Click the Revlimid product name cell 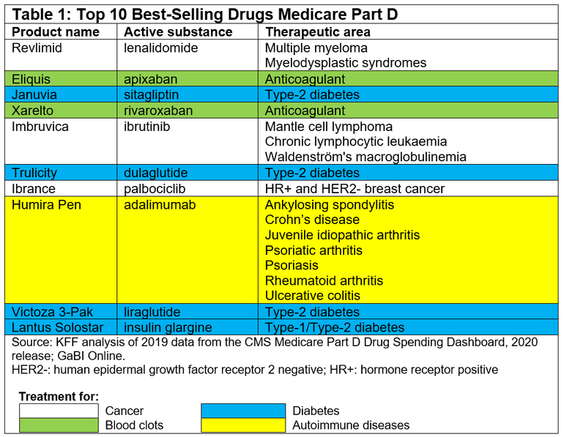[37, 48]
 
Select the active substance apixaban [152, 79]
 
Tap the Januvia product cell [34, 94]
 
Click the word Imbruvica [40, 127]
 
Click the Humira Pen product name [46, 205]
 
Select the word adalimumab [160, 205]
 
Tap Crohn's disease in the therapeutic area [312, 220]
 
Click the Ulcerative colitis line [313, 296]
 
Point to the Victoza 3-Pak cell [51, 312]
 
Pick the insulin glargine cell [168, 327]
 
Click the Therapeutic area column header [318, 32]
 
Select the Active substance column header [178, 32]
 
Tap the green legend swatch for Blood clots [59, 425]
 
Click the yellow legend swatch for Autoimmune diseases [243, 425]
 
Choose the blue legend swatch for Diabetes [243, 411]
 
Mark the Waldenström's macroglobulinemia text [366, 157]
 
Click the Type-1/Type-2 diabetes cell [335, 327]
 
